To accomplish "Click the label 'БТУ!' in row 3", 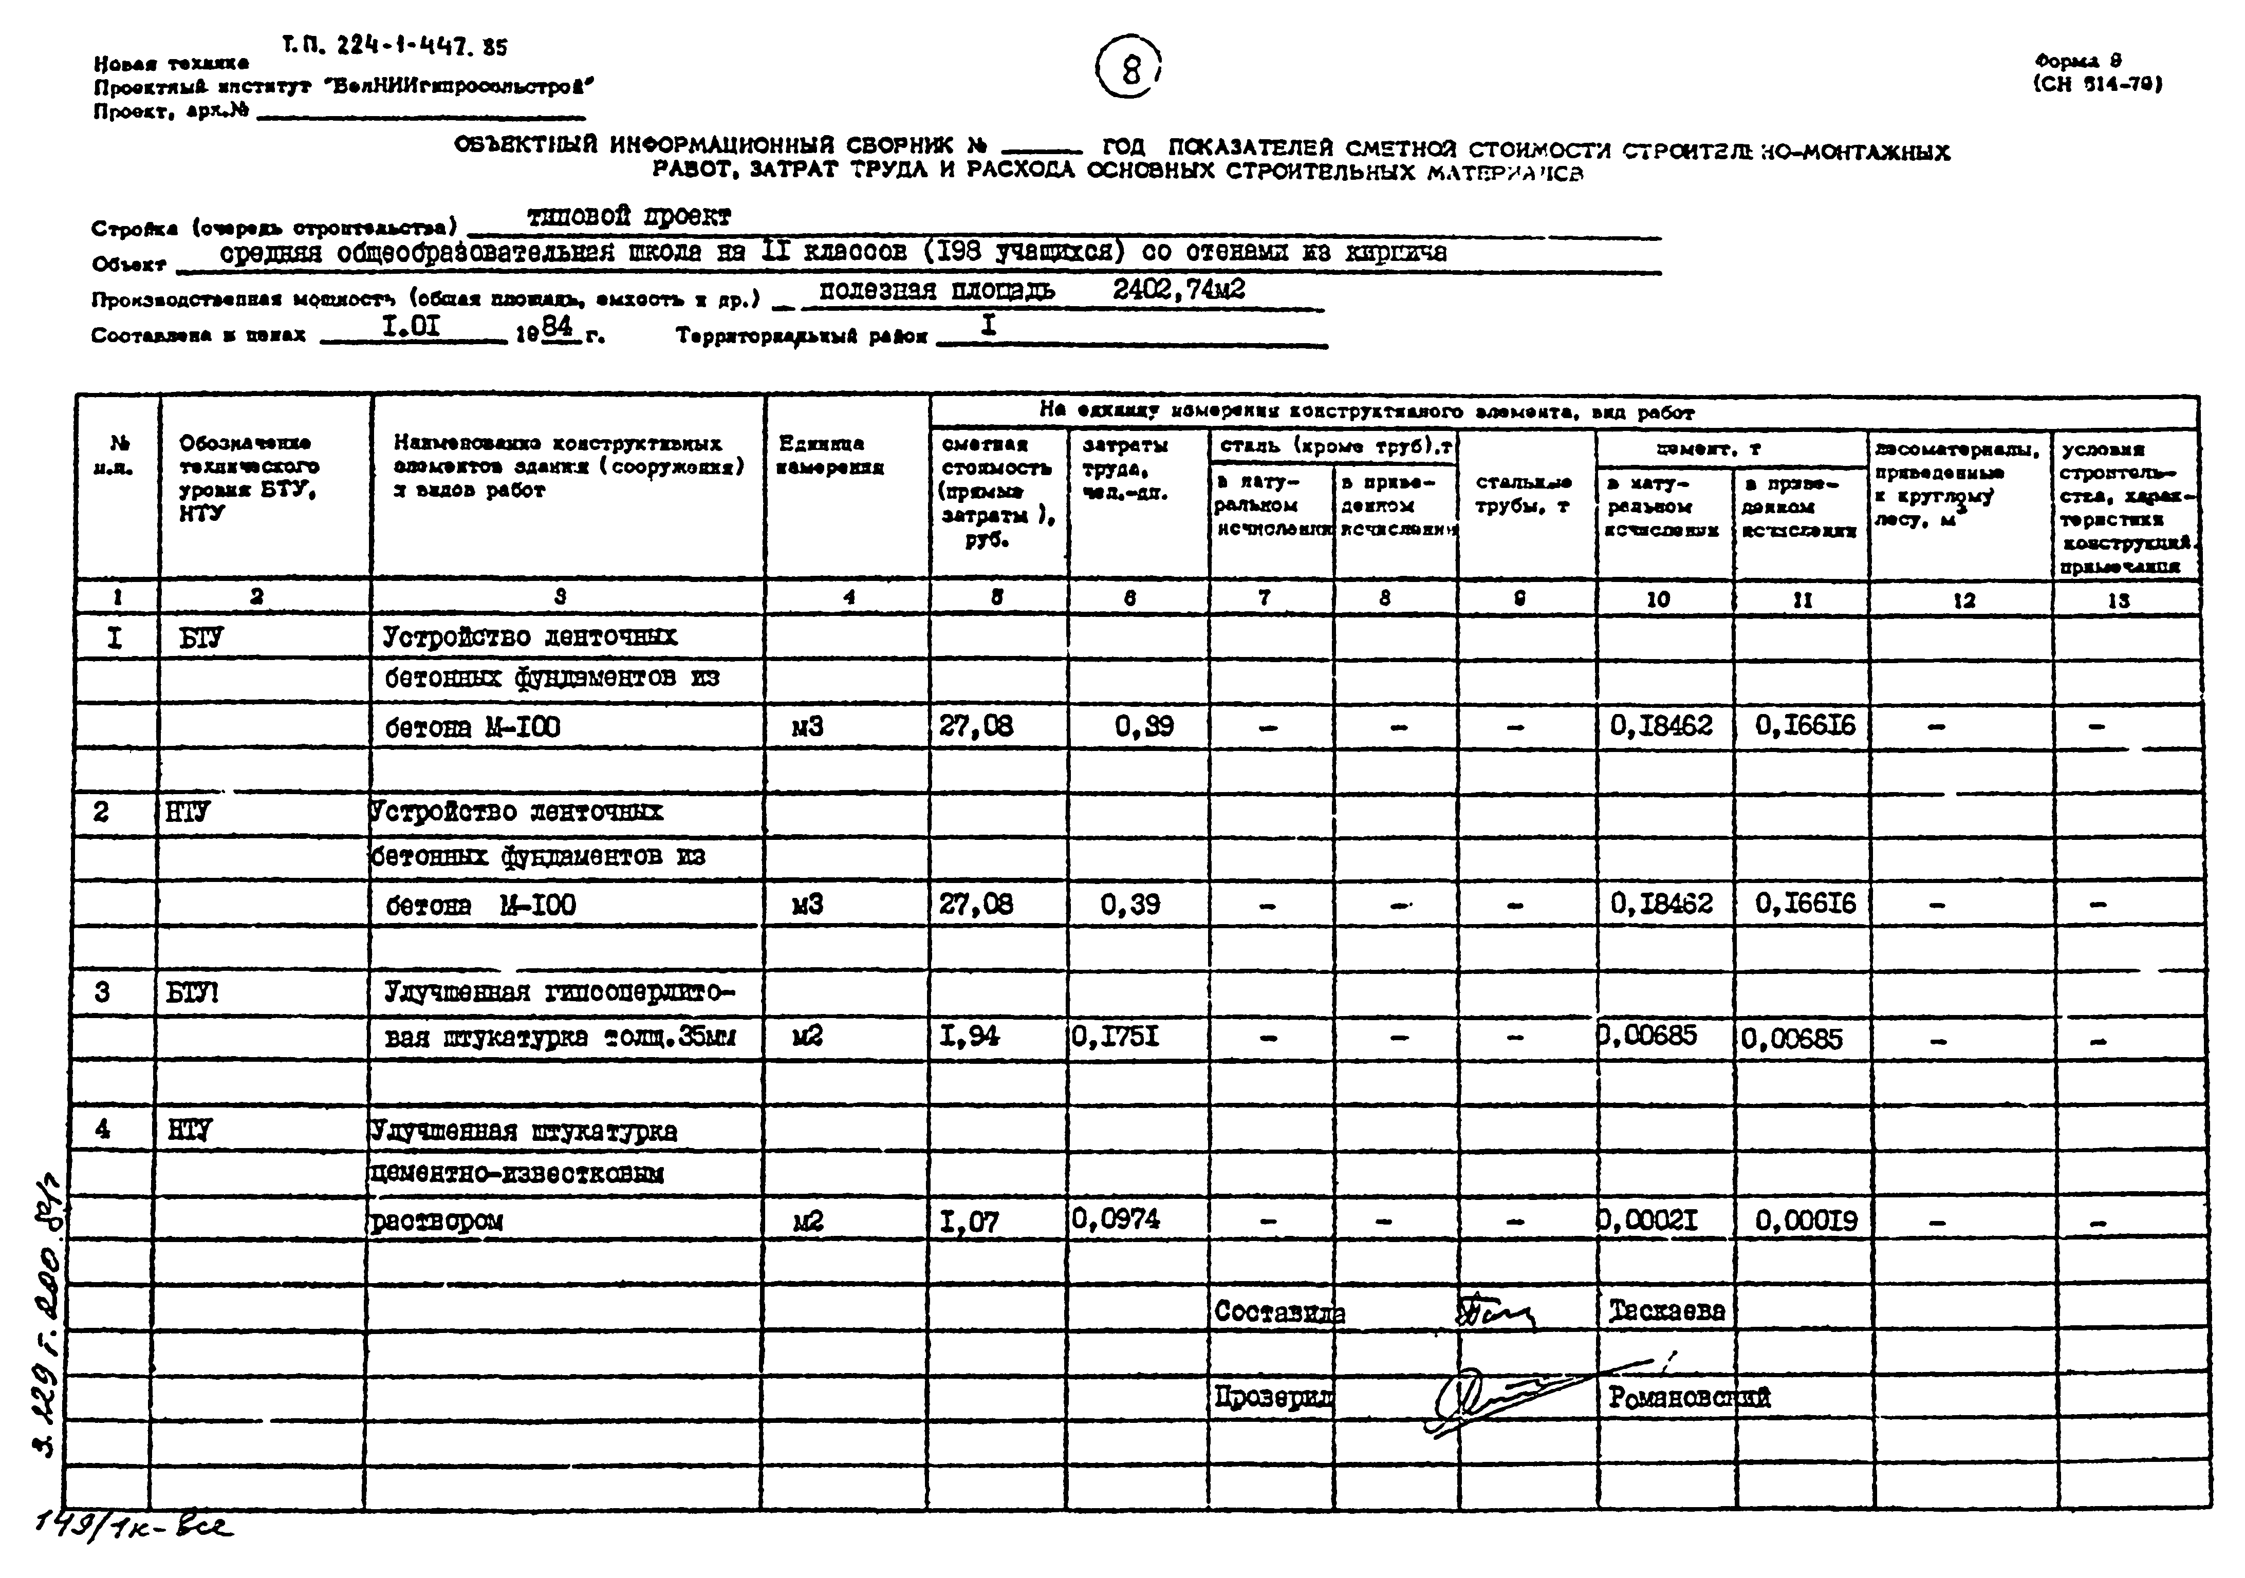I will click(x=193, y=993).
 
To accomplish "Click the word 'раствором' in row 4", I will click(x=436, y=1221).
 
